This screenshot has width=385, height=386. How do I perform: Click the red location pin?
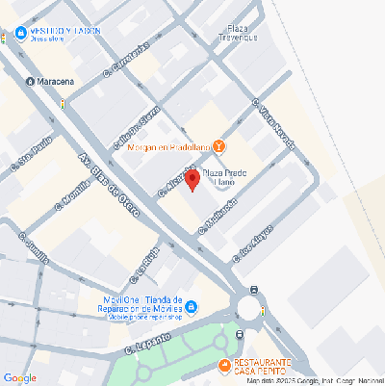[x=192, y=179]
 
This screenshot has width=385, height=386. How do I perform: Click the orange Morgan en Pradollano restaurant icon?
[x=219, y=146]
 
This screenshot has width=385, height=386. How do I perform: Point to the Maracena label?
[x=60, y=83]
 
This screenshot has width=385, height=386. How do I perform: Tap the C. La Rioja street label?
[x=150, y=261]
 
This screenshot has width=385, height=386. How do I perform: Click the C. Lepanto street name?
[x=148, y=344]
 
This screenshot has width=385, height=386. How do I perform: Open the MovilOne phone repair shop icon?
[x=191, y=308]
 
